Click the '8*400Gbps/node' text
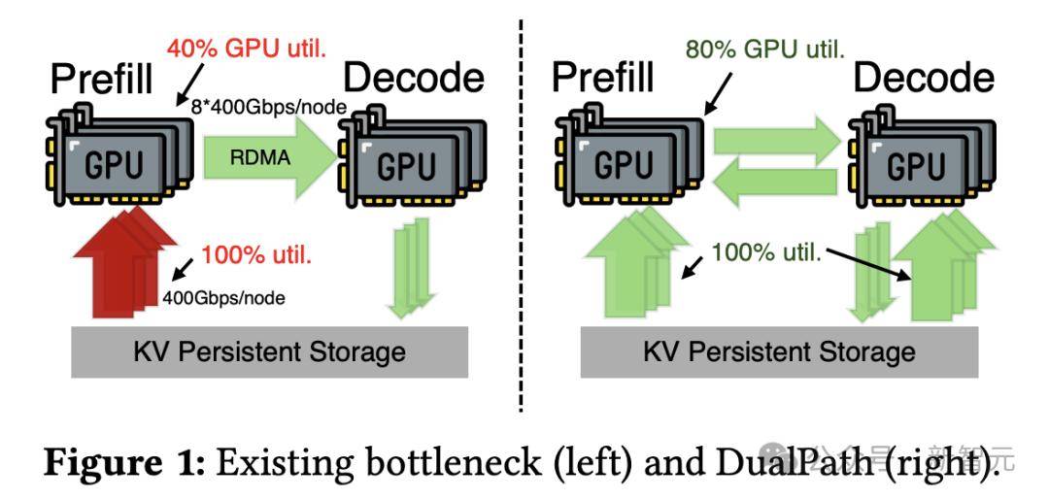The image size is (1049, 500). click(275, 108)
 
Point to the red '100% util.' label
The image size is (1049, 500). click(256, 258)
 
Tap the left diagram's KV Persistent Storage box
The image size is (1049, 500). click(269, 350)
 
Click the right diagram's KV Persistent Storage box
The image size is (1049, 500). click(779, 350)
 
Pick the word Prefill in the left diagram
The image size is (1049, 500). click(101, 78)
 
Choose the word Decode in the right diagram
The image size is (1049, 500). click(924, 78)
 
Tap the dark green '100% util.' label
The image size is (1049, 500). click(767, 253)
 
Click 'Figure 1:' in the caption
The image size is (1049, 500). click(121, 463)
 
